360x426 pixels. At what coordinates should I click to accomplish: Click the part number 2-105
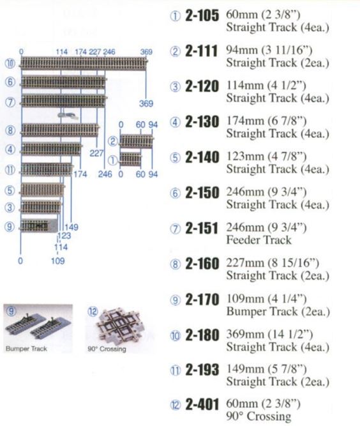coord(202,16)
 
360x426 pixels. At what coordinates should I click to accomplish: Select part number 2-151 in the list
coord(202,229)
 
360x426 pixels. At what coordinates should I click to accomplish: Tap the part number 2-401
coord(202,405)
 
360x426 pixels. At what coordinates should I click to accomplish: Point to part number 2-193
coord(202,370)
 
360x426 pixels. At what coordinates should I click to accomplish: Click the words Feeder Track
coord(259,240)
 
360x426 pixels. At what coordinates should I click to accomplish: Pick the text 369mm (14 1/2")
coord(269,335)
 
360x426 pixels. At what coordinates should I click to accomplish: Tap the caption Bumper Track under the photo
coord(26,349)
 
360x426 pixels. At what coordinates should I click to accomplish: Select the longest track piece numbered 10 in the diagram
coord(84,64)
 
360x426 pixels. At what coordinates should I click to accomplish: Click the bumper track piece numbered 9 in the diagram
coord(39,225)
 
